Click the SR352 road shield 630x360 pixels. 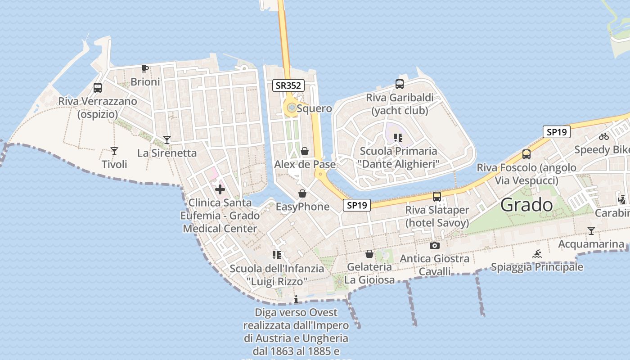click(x=288, y=85)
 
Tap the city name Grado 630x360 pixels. click(x=526, y=205)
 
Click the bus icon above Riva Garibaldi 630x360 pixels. click(x=399, y=84)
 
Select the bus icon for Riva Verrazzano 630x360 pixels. click(x=98, y=88)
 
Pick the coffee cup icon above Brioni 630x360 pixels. click(x=144, y=68)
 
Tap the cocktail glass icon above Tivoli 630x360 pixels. click(x=114, y=151)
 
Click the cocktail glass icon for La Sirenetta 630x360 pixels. click(x=167, y=140)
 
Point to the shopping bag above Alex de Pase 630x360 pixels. click(x=305, y=151)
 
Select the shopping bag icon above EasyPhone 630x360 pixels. click(x=302, y=193)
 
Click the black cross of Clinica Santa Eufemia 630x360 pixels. click(x=220, y=189)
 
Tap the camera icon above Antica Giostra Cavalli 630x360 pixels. click(x=434, y=245)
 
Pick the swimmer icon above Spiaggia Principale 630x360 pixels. click(x=536, y=254)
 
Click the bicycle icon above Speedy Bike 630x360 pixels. click(x=604, y=136)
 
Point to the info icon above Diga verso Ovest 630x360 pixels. click(x=296, y=299)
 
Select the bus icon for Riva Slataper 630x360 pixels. click(x=436, y=196)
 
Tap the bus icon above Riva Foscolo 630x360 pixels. click(x=526, y=154)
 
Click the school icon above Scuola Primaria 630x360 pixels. click(x=398, y=137)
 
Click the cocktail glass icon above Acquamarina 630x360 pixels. click(x=591, y=231)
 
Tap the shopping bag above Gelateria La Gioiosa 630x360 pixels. click(x=369, y=254)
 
